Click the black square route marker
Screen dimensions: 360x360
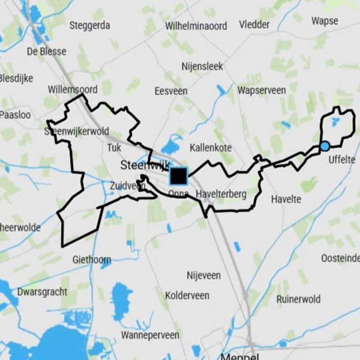[179, 175]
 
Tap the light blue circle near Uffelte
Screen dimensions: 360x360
[324, 146]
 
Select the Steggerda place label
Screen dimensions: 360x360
[90, 25]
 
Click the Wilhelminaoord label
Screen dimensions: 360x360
[196, 26]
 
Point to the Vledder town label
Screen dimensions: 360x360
[255, 24]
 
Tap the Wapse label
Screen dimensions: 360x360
[324, 21]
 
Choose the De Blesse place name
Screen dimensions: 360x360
[47, 51]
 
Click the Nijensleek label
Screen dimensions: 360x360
[202, 67]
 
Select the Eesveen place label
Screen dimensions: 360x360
[171, 91]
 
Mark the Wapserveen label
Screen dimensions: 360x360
[261, 90]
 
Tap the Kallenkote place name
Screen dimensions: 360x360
[211, 148]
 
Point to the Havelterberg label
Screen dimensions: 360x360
[221, 194]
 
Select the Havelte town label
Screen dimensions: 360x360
[286, 199]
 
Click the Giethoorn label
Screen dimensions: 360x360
[92, 260]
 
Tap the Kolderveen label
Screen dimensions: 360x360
[187, 296]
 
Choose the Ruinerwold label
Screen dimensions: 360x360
[298, 299]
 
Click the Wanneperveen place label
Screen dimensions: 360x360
[150, 335]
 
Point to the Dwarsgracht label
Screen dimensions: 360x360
[42, 292]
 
